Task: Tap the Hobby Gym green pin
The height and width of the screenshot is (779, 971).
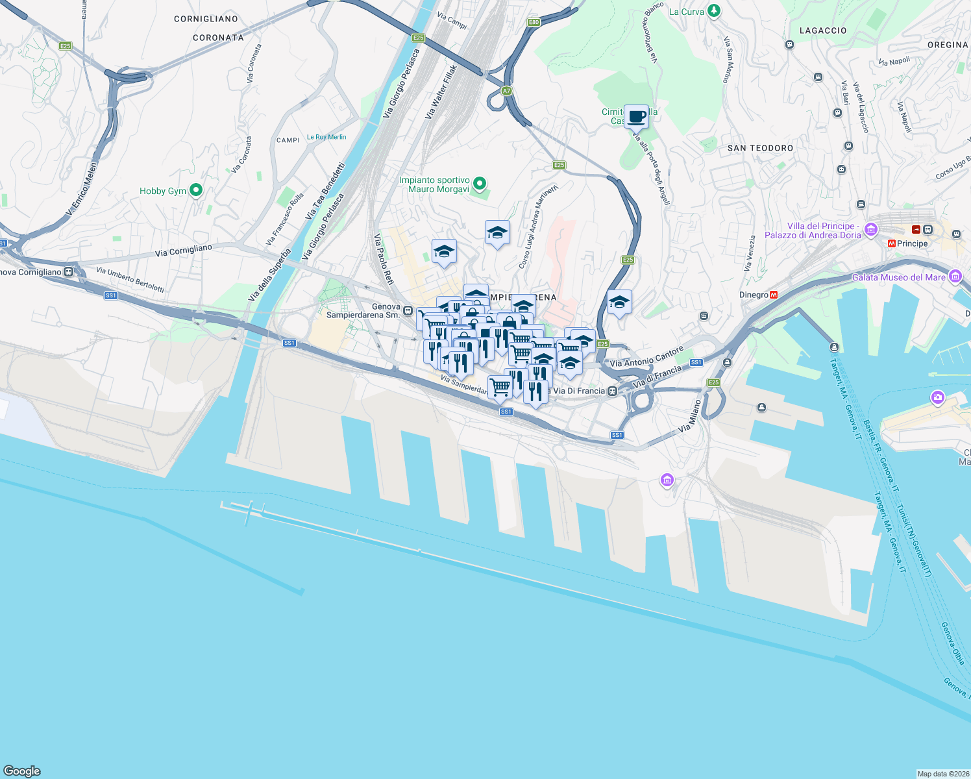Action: click(196, 190)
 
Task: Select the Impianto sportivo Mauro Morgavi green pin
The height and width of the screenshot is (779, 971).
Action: click(480, 184)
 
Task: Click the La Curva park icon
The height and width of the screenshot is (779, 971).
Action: click(714, 11)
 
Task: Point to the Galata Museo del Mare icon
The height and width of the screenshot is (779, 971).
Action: click(955, 277)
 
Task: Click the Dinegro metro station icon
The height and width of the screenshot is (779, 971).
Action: click(773, 295)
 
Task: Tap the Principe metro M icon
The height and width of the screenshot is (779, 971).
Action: click(892, 243)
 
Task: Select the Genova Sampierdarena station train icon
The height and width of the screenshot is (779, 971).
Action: click(408, 311)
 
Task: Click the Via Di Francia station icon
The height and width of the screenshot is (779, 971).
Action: click(612, 391)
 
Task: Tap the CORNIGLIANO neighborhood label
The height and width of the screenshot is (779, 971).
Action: click(206, 19)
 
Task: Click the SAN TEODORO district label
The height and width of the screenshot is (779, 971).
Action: click(760, 148)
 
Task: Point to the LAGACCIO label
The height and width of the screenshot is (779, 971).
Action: click(823, 31)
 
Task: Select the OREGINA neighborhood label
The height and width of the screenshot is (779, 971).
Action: click(948, 45)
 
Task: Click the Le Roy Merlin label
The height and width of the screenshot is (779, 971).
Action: click(326, 137)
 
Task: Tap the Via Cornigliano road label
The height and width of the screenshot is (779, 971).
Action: click(184, 251)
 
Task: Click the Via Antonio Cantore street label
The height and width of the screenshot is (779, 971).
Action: click(646, 358)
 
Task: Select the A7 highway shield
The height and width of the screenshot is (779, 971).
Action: click(507, 91)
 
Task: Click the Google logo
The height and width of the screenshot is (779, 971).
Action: click(22, 771)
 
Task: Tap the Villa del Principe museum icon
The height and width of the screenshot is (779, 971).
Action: click(871, 229)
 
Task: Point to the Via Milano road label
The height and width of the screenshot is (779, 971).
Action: click(690, 416)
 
